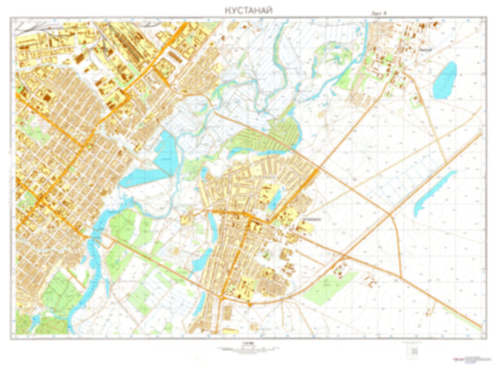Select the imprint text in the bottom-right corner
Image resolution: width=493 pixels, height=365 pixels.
[x=468, y=356]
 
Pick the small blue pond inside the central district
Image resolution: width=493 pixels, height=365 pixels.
[x=274, y=196]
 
